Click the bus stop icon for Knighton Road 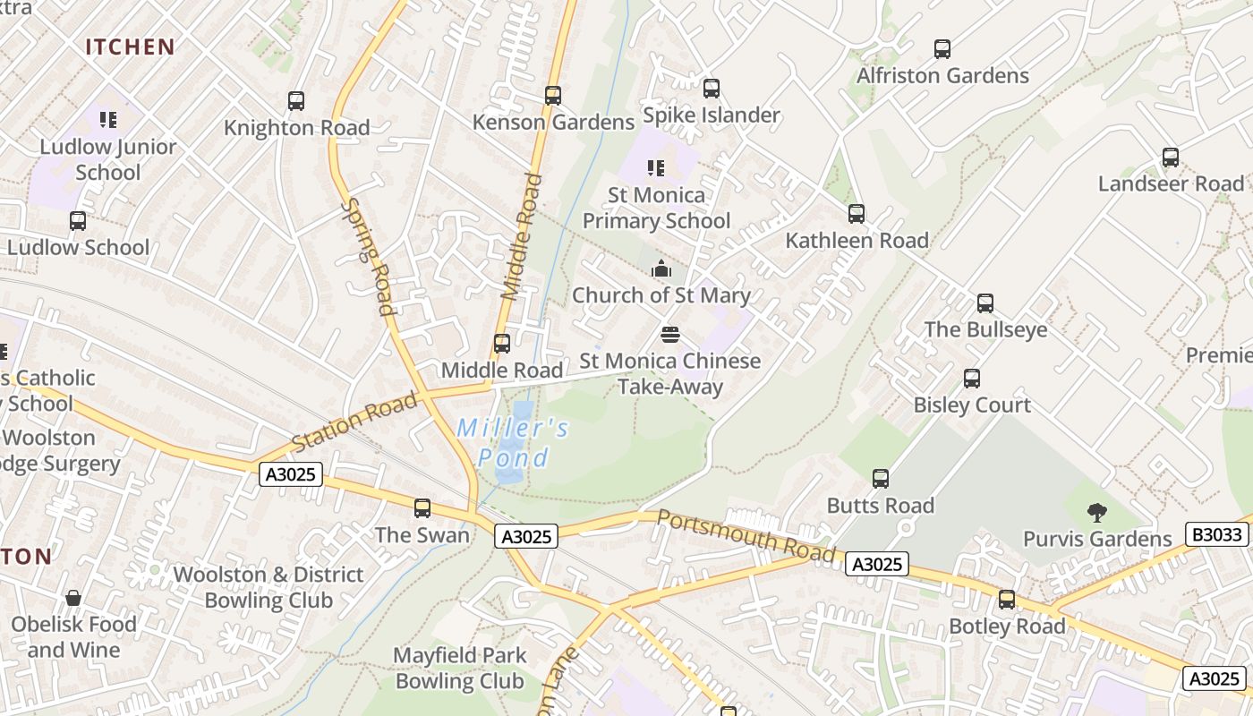click(x=296, y=101)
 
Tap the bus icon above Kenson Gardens click(x=553, y=95)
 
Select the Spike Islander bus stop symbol click(x=712, y=89)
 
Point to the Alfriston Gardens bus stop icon click(x=942, y=49)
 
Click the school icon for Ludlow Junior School click(x=108, y=120)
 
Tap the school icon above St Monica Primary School click(x=656, y=168)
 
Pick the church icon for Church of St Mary click(x=661, y=268)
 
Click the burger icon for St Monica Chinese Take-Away click(x=670, y=335)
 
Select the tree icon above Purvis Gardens click(x=1097, y=513)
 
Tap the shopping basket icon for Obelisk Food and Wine click(x=73, y=598)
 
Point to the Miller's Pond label click(x=513, y=443)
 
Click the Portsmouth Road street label click(x=746, y=537)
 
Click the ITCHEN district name click(x=130, y=47)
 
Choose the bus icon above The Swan click(x=422, y=508)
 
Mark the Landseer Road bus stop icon click(x=1171, y=158)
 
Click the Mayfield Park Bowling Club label click(x=459, y=668)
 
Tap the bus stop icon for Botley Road click(x=1007, y=600)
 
